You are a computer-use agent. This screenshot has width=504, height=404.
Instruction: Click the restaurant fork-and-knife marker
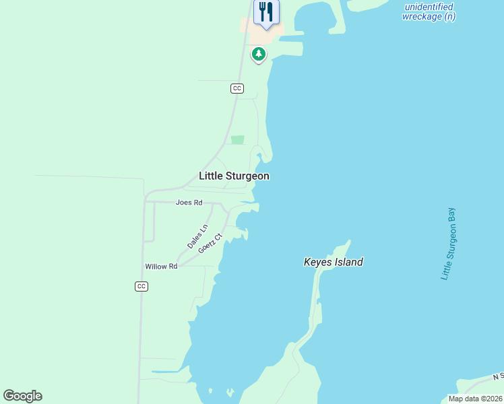266,12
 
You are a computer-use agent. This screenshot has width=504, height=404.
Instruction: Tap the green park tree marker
258,53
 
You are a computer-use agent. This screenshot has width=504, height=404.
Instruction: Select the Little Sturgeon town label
234,176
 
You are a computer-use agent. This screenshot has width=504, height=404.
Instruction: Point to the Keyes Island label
333,262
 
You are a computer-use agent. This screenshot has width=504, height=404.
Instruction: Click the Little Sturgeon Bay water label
449,244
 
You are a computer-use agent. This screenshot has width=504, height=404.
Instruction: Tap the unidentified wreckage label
429,11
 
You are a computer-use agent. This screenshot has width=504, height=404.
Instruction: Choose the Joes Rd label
189,203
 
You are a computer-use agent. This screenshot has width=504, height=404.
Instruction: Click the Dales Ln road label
197,238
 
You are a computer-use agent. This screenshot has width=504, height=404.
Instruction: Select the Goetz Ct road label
210,242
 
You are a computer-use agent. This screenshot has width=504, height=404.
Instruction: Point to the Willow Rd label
161,267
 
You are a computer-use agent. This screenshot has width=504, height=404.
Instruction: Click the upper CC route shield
237,88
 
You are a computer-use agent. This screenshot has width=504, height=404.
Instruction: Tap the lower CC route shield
141,286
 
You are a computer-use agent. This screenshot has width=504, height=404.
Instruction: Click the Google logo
22,396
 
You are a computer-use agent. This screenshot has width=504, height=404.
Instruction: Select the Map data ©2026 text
475,399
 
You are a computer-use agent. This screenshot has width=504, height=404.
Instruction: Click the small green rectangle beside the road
237,139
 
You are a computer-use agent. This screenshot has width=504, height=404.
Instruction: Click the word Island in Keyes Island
349,262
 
